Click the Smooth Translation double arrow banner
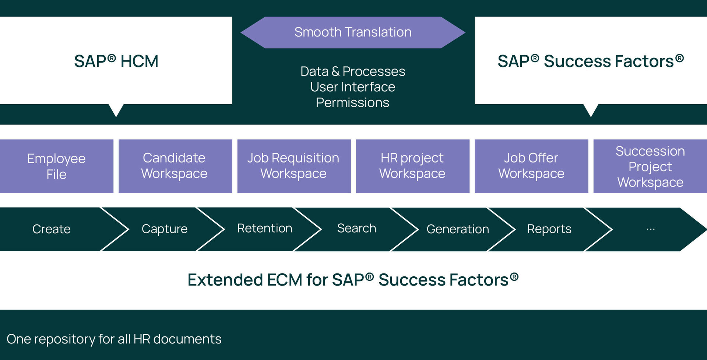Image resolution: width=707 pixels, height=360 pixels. click(353, 32)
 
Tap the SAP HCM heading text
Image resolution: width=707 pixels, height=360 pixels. click(116, 61)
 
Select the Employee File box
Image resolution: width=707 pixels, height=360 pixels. click(56, 166)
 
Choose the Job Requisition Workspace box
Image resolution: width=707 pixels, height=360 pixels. click(293, 166)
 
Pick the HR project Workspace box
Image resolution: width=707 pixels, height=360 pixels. click(412, 166)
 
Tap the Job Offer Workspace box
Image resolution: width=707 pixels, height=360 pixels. click(531, 166)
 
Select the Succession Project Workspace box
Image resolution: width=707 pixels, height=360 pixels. click(650, 167)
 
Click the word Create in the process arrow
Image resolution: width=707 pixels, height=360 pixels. click(52, 229)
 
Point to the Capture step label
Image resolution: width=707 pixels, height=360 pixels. click(165, 229)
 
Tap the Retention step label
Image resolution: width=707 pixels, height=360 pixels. click(265, 228)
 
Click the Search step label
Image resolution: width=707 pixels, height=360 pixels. click(356, 228)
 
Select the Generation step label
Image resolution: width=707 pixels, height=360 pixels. click(458, 229)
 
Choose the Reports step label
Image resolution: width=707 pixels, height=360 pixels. click(549, 229)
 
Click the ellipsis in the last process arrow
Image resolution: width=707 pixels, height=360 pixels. click(651, 229)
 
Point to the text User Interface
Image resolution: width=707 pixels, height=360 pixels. click(352, 87)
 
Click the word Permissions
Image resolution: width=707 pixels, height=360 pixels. click(352, 102)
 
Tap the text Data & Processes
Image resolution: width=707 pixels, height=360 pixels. click(352, 71)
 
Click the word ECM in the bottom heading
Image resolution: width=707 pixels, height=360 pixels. click(284, 280)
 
